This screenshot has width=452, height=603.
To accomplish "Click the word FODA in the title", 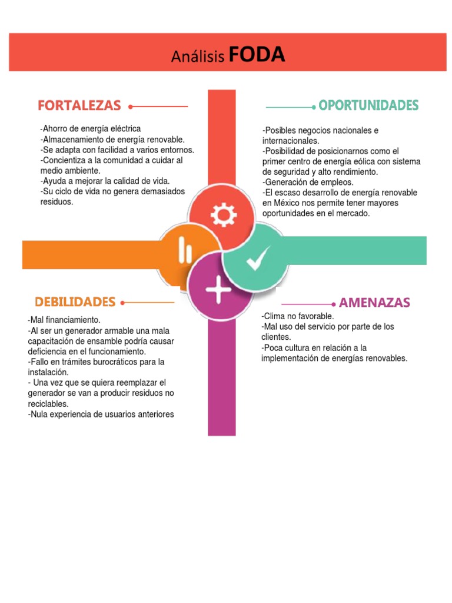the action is pyautogui.click(x=257, y=55).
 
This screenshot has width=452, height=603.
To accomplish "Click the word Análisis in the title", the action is pyautogui.click(x=198, y=57).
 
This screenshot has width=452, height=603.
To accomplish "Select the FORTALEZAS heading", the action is pyautogui.click(x=79, y=105).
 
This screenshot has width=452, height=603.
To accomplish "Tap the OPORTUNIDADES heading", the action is pyautogui.click(x=368, y=105).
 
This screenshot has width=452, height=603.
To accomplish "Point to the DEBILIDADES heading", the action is pyautogui.click(x=75, y=302).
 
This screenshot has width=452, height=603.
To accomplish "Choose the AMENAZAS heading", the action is pyautogui.click(x=375, y=303).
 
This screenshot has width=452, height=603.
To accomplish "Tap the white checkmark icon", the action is pyautogui.click(x=258, y=258).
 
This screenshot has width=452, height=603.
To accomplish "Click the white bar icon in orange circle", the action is pyautogui.click(x=185, y=252).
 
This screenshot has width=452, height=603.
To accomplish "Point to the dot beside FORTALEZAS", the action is pyautogui.click(x=130, y=107).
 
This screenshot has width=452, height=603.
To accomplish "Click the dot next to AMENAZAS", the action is pyautogui.click(x=334, y=304).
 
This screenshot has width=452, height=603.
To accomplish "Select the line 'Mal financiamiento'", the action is pyautogui.click(x=64, y=320).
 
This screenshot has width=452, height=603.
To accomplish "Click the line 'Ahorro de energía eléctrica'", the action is pyautogui.click(x=91, y=128).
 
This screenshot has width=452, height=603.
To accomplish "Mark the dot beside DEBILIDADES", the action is pyautogui.click(x=122, y=303).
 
